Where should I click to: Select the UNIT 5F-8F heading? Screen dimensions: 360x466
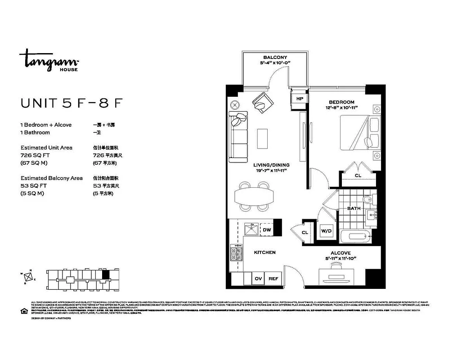72,103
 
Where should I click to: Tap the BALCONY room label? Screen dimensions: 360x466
275,57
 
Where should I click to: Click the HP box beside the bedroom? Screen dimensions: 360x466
299,99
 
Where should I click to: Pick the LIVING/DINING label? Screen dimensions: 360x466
271,165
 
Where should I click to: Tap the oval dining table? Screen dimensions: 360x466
254,196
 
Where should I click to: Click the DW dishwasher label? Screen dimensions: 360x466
267,230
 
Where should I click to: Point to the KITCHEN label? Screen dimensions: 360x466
264,252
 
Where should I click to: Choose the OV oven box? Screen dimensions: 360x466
258,279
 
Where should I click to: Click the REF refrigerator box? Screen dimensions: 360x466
273,279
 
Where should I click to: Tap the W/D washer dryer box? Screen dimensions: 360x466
326,231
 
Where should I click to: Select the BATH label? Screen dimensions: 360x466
354,208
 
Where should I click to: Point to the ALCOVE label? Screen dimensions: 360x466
341,253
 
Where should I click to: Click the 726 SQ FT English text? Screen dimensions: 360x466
34,155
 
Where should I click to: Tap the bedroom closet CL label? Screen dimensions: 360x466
358,175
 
